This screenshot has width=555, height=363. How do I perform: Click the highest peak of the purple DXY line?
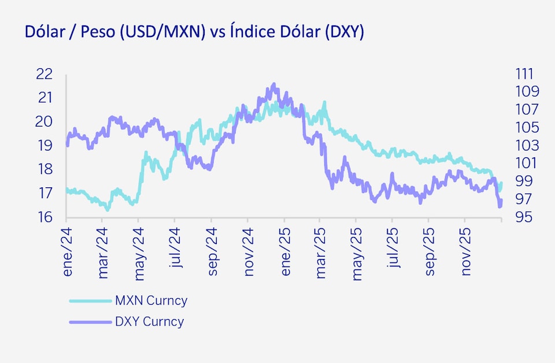coord(274,84)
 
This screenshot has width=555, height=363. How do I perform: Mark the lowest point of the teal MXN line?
coord(107,209)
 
